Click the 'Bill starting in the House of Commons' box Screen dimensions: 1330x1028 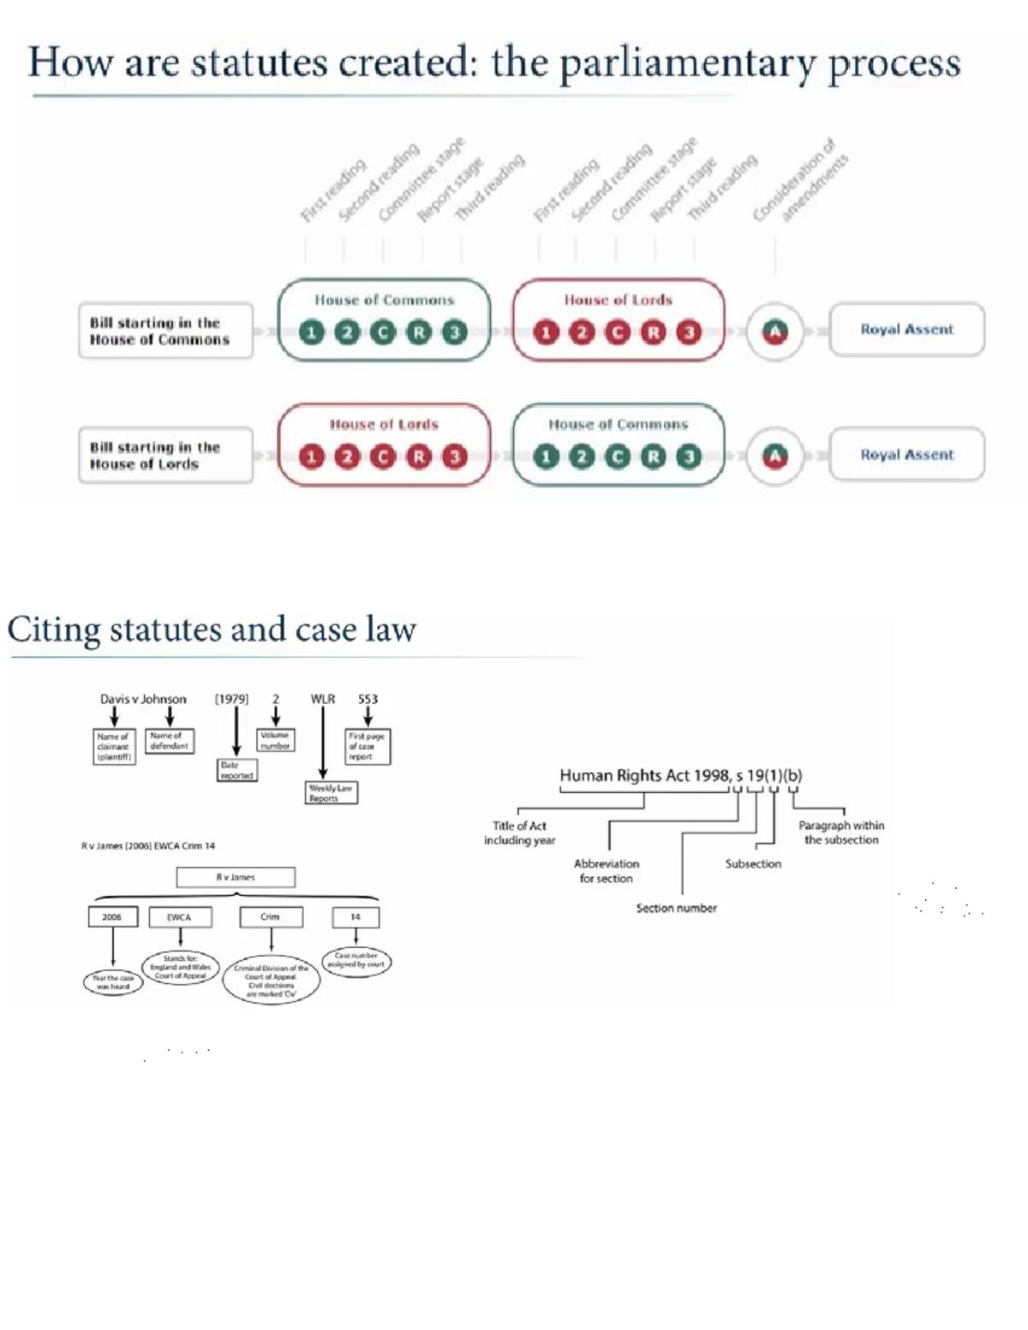click(x=165, y=331)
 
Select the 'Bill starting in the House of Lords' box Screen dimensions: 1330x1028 click(x=165, y=456)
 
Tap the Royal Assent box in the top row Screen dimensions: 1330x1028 click(x=906, y=330)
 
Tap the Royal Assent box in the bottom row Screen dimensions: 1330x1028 click(x=906, y=455)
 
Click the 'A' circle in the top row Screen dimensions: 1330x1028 click(x=774, y=331)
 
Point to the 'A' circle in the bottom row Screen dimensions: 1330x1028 click(x=774, y=456)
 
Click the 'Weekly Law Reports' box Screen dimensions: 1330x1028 click(x=331, y=793)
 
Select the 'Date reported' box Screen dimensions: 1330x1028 click(x=236, y=770)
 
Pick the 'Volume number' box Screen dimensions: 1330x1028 click(x=275, y=740)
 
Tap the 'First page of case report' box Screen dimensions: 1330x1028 click(x=367, y=746)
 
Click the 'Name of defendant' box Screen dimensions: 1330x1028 click(x=169, y=741)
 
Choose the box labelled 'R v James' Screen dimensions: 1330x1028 click(x=236, y=877)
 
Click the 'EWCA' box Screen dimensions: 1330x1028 click(x=180, y=917)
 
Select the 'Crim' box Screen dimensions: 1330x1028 click(x=271, y=917)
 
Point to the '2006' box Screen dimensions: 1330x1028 click(x=112, y=917)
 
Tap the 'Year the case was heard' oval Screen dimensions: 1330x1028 click(x=113, y=982)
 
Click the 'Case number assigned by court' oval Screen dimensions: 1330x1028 click(x=356, y=960)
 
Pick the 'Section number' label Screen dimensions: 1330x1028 click(x=676, y=908)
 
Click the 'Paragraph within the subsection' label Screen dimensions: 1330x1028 click(x=841, y=832)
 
